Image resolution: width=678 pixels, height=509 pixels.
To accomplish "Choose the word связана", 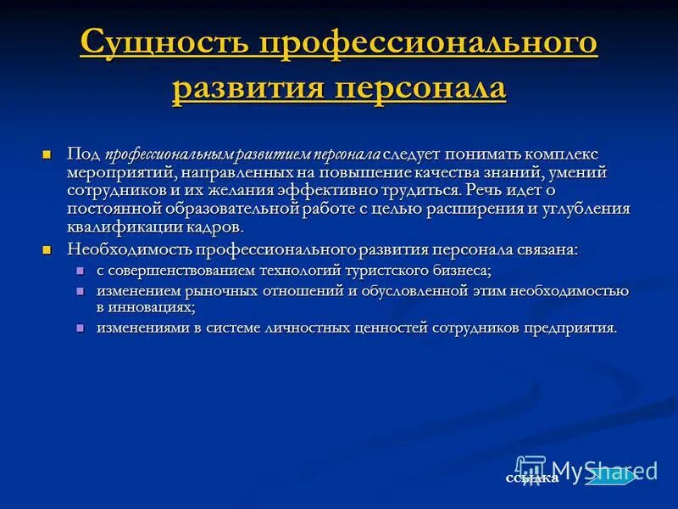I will click(x=542, y=249).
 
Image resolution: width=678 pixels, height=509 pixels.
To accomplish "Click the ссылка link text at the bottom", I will click(x=531, y=478).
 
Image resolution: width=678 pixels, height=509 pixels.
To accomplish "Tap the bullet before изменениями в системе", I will click(x=81, y=327).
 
